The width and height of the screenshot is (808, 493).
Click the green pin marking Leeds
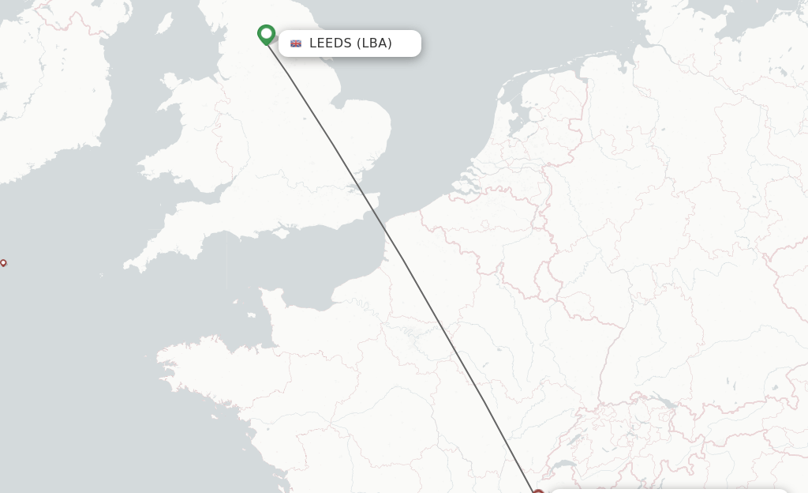click(x=266, y=34)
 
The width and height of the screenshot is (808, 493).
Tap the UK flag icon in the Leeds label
click(x=296, y=43)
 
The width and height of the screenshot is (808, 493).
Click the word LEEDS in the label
click(x=330, y=43)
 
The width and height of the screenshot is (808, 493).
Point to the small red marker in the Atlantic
click(x=3, y=262)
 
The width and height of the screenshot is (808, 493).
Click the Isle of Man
click(x=165, y=23)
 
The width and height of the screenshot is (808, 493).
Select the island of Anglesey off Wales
click(x=170, y=81)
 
